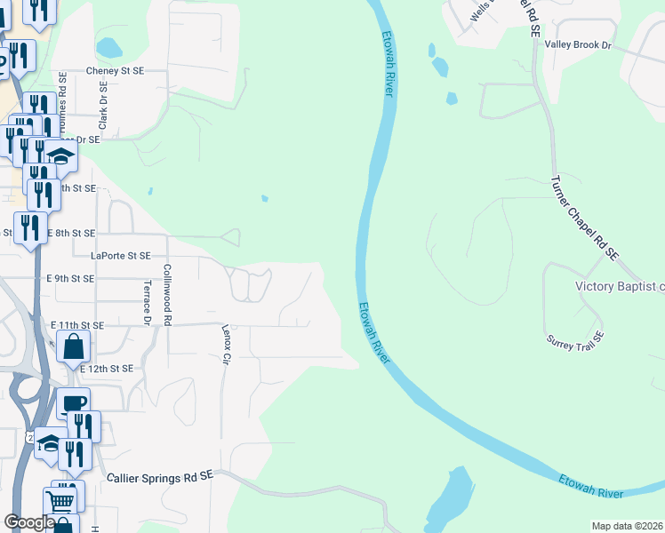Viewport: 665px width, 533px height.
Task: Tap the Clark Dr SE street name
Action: (x=103, y=107)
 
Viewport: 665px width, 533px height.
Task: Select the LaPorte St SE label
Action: (x=121, y=256)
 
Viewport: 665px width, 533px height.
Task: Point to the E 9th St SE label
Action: (x=70, y=278)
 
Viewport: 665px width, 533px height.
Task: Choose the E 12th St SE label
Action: (x=106, y=368)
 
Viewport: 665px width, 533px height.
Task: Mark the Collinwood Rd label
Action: (x=166, y=293)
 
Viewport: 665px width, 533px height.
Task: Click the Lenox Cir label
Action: (x=226, y=345)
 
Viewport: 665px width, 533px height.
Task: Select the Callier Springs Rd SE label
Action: (x=161, y=477)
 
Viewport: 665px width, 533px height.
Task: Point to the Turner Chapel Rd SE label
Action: (x=583, y=217)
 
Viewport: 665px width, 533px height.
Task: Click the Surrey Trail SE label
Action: (x=576, y=338)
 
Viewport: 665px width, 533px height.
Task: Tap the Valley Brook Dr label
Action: (x=579, y=44)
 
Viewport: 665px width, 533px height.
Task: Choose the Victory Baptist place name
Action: (x=620, y=286)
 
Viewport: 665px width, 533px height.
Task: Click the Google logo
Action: (x=29, y=522)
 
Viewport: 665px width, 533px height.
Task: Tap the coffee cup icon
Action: (x=74, y=403)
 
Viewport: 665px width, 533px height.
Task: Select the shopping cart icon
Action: (x=60, y=502)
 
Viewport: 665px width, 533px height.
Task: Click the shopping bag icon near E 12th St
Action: (x=73, y=346)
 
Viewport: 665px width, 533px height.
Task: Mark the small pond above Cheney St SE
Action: (x=108, y=47)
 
